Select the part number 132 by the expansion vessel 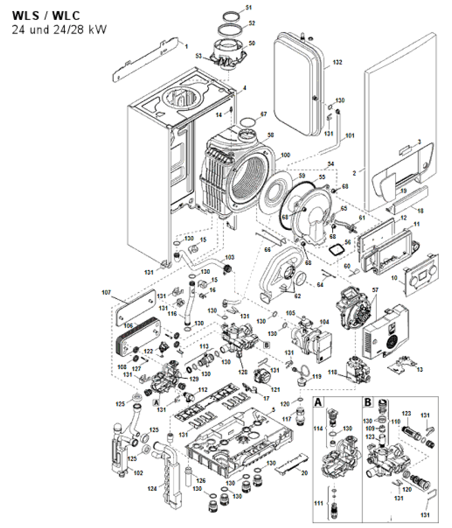coord(338,63)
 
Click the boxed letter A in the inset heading coord(318,401)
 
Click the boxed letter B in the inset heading coord(367,401)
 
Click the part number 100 coord(285,154)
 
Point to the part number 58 coord(271,135)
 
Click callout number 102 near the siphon coord(138,473)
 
